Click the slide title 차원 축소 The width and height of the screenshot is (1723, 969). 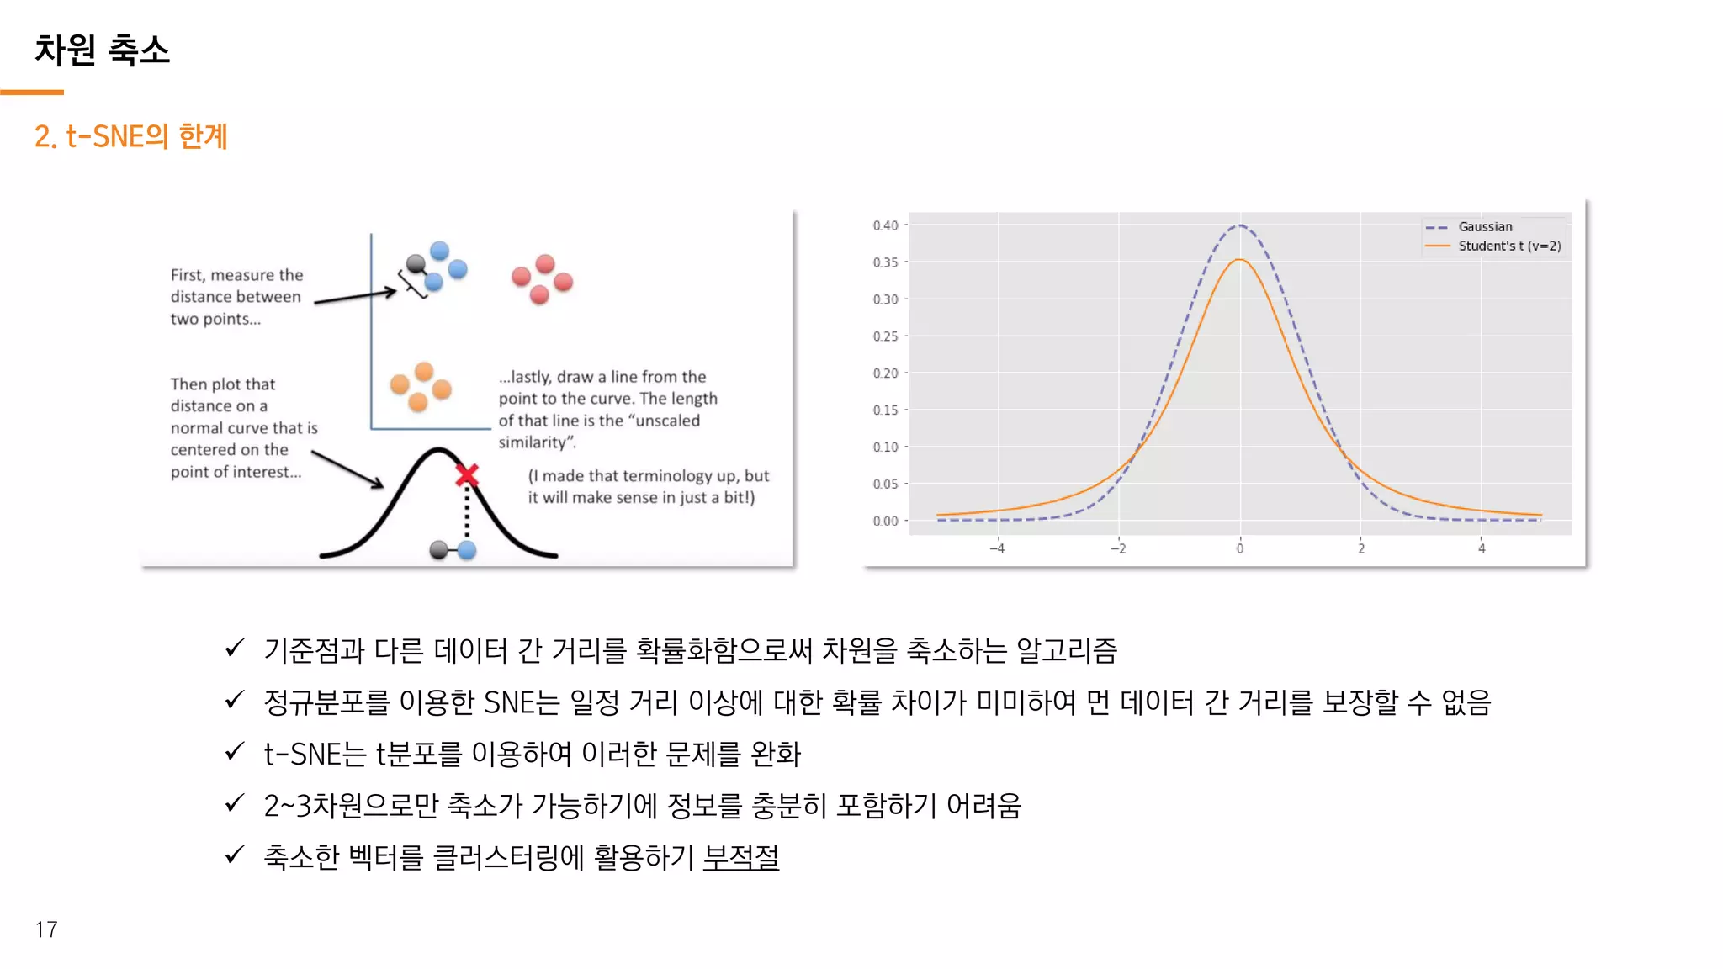coord(102,50)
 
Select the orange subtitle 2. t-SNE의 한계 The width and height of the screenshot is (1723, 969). coord(130,136)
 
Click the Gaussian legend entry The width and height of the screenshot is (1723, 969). coord(1485,227)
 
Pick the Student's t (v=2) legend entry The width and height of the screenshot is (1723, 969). coord(1508,246)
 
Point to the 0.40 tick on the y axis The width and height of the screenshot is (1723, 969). coord(886,225)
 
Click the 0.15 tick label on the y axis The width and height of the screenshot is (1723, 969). coord(886,410)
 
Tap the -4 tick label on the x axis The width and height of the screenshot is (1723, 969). coord(997,549)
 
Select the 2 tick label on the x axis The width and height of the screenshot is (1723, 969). coord(1361,549)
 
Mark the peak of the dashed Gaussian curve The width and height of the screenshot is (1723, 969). coord(1239,225)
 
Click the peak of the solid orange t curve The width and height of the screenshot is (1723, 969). coord(1239,260)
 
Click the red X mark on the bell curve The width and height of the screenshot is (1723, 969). coord(467,476)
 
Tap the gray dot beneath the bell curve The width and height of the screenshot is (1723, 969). coord(438,550)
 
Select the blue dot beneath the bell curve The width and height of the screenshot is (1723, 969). coord(467,550)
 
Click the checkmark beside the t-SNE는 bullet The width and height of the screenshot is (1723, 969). coord(235,751)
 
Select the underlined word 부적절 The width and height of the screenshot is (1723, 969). coord(741,857)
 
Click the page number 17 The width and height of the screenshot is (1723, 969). coord(46,929)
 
